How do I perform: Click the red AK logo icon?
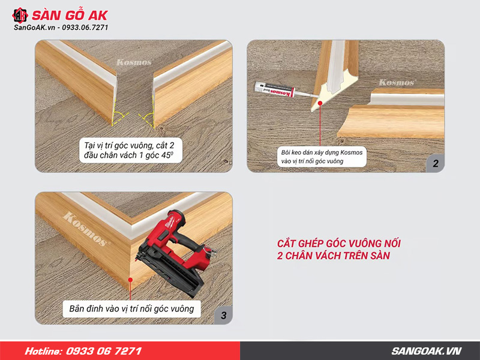point(20,16)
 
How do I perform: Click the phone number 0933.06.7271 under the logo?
point(85,28)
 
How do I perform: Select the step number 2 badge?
point(436,163)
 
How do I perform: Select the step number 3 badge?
point(223,316)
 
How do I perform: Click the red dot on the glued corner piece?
point(320,103)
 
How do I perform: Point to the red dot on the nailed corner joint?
point(130,280)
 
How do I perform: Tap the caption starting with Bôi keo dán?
point(322,157)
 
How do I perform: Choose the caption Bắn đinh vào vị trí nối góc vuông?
point(131,308)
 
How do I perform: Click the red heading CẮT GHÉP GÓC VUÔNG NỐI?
point(339,244)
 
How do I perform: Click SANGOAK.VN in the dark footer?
point(427,351)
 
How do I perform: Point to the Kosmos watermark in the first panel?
point(134,63)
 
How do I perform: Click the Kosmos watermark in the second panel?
point(397,82)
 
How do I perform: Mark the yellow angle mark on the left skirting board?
point(119,117)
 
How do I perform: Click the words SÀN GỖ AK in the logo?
point(70,16)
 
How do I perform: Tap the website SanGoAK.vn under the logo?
point(34,28)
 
